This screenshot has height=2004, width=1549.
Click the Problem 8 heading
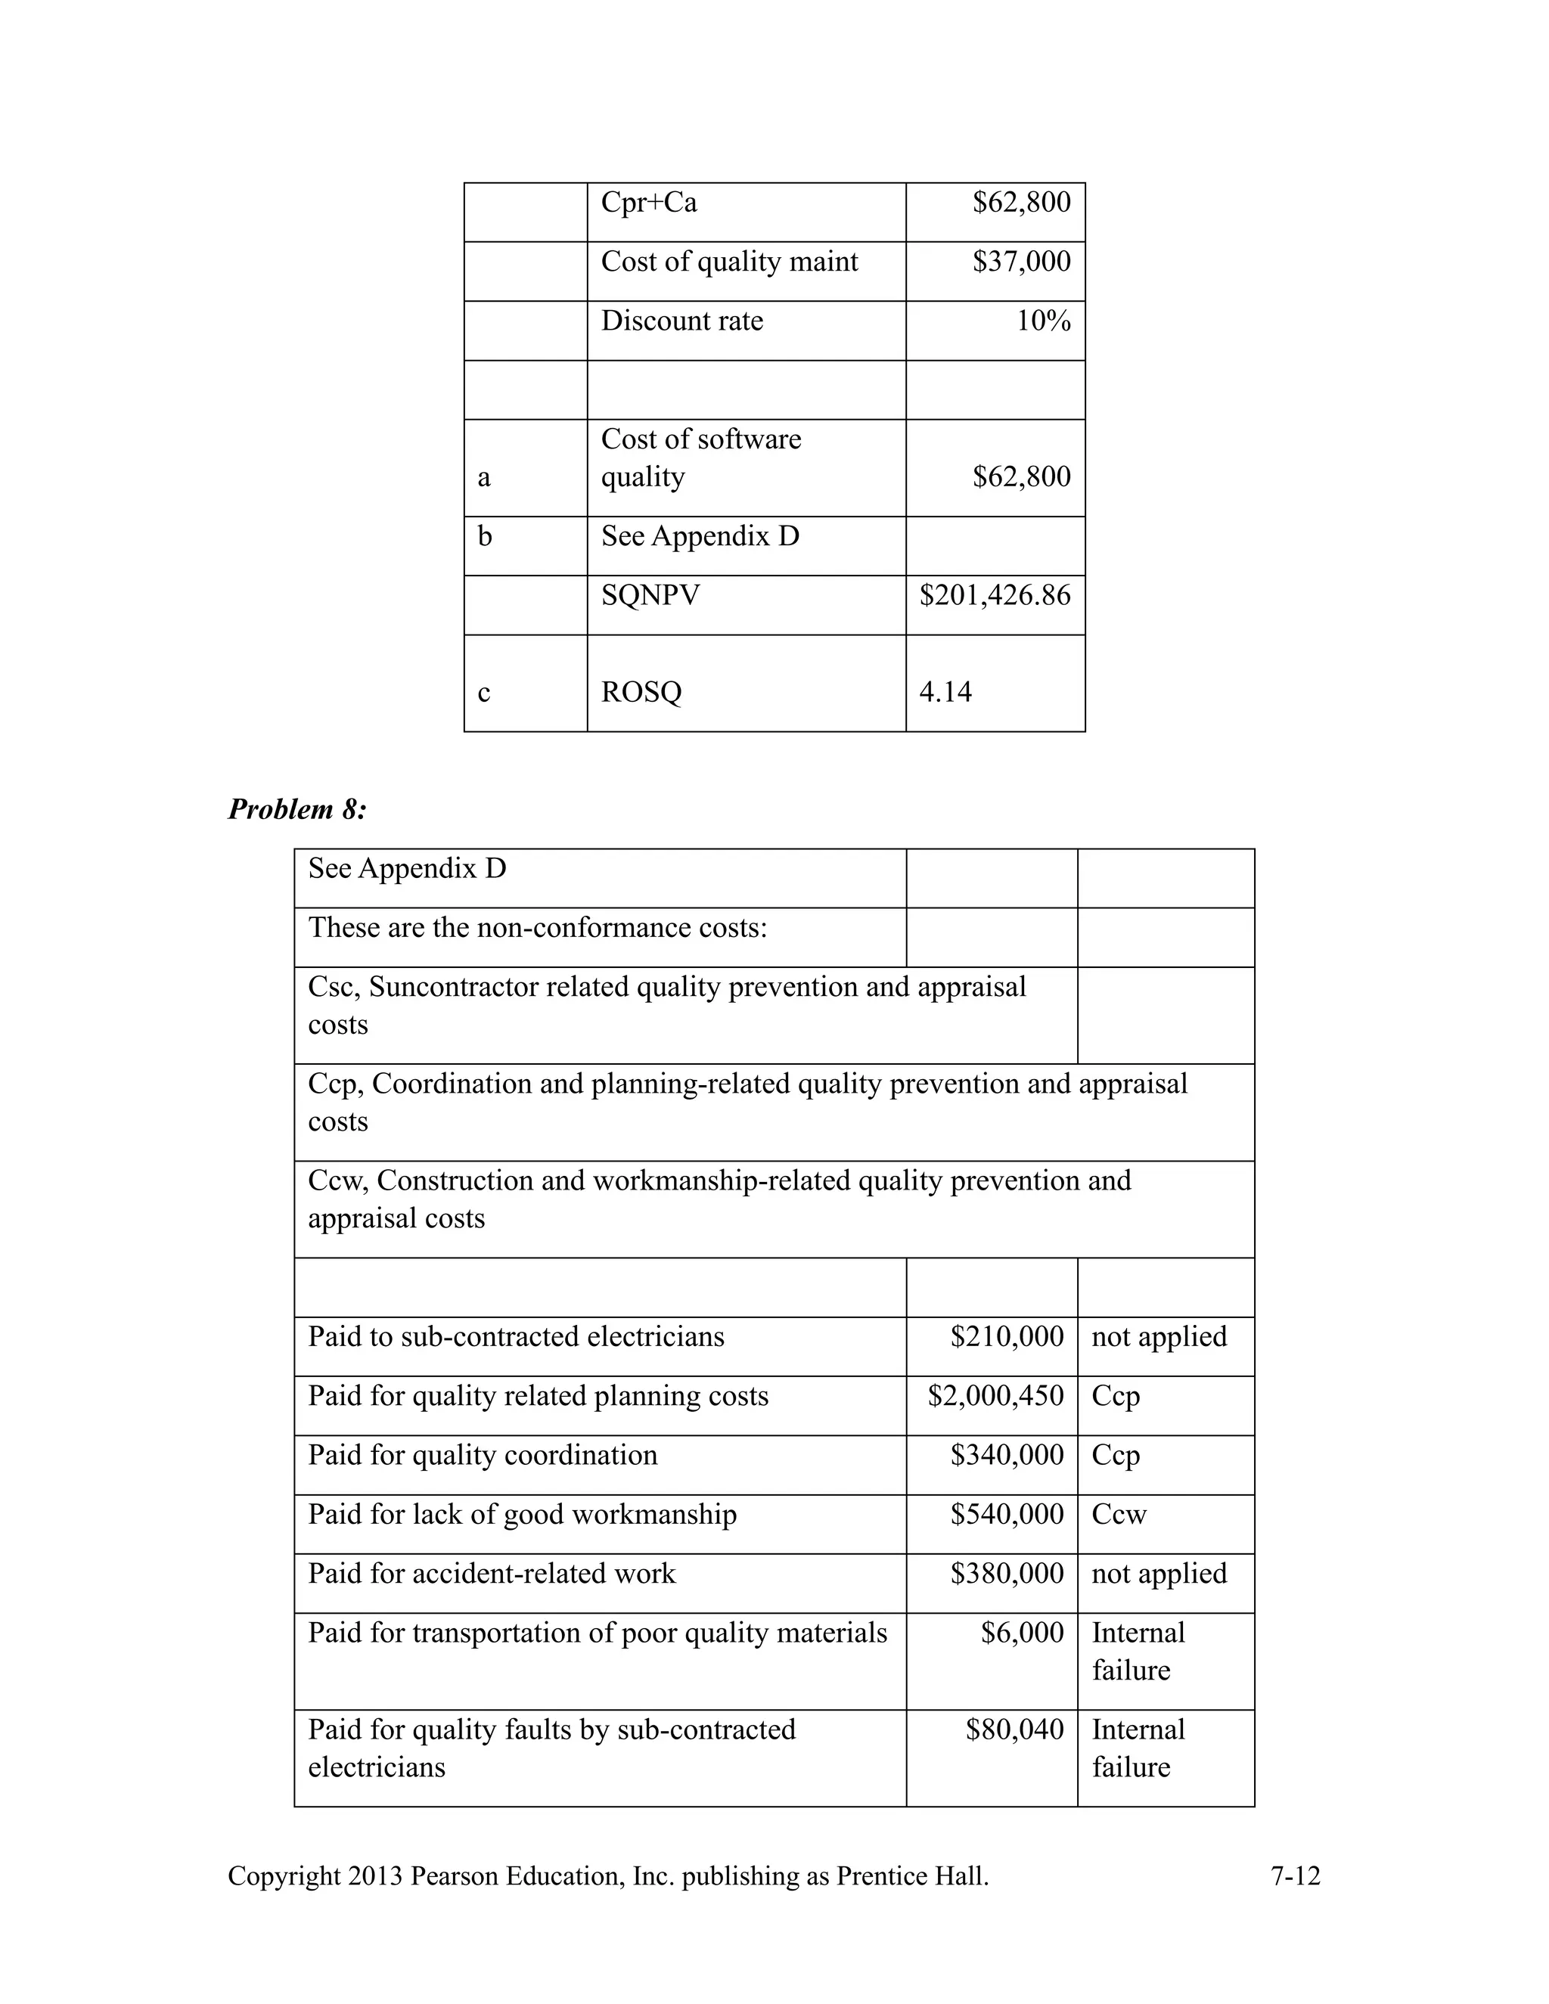pyautogui.click(x=296, y=809)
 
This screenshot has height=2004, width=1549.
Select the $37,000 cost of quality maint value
pyautogui.click(x=1020, y=262)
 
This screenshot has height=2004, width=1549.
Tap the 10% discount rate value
pyautogui.click(x=1042, y=321)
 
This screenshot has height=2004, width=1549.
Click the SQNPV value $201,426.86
pyautogui.click(x=995, y=595)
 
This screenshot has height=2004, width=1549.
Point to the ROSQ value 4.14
pyautogui.click(x=945, y=692)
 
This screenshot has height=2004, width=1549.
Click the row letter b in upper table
pyautogui.click(x=485, y=537)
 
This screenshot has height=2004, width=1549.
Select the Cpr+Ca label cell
pyautogui.click(x=649, y=203)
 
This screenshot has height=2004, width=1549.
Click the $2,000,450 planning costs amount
pyautogui.click(x=995, y=1397)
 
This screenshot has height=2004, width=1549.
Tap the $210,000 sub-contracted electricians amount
pyautogui.click(x=1007, y=1337)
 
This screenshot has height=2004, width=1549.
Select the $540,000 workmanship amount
pyautogui.click(x=1007, y=1515)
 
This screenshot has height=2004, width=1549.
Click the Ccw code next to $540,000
pyautogui.click(x=1119, y=1515)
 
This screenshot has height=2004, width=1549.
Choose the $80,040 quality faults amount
pyautogui.click(x=1014, y=1729)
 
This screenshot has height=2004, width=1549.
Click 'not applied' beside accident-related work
pyautogui.click(x=1158, y=1574)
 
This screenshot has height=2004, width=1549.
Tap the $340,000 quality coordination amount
pyautogui.click(x=1007, y=1455)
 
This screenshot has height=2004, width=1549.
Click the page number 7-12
pyautogui.click(x=1295, y=1876)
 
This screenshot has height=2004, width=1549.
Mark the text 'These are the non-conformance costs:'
pyautogui.click(x=537, y=928)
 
